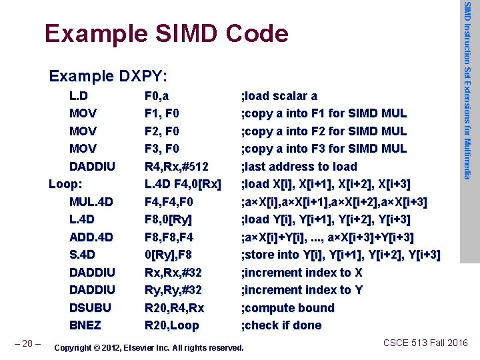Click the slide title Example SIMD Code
click(166, 33)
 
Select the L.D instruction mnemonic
click(83, 96)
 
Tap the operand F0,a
click(157, 96)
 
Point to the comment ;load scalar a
click(279, 96)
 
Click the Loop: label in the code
click(66, 184)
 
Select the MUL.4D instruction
click(91, 201)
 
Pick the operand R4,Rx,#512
click(177, 166)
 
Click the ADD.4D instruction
click(91, 237)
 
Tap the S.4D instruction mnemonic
click(83, 255)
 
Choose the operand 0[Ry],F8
click(169, 255)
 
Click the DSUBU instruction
click(90, 308)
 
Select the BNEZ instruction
click(85, 325)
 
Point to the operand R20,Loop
click(172, 325)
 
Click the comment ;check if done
click(281, 325)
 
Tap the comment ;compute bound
click(288, 308)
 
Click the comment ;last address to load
click(299, 166)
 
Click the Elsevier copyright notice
click(148, 347)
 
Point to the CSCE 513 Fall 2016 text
click(426, 343)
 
